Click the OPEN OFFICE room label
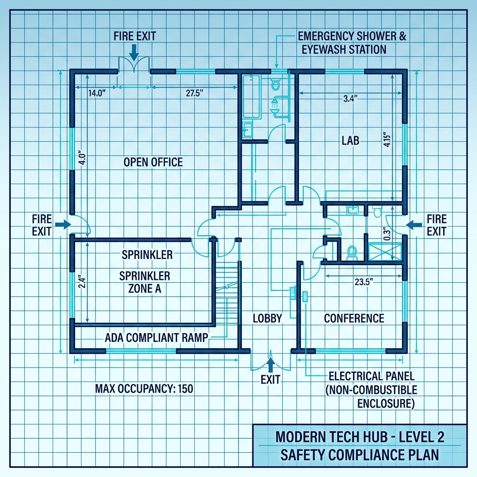pos(153,162)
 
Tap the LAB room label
pos(350,140)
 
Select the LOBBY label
pos(267,319)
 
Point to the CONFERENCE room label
pos(354,319)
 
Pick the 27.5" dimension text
pos(196,93)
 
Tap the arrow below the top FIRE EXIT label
pos(134,53)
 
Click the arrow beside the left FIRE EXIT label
pos(62,225)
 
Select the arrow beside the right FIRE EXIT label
pos(412,225)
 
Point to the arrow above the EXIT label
pos(270,363)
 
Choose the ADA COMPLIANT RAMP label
pos(156,338)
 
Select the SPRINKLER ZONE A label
pos(145,282)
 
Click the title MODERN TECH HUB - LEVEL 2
pos(360,438)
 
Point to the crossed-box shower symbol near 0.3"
pos(384,252)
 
